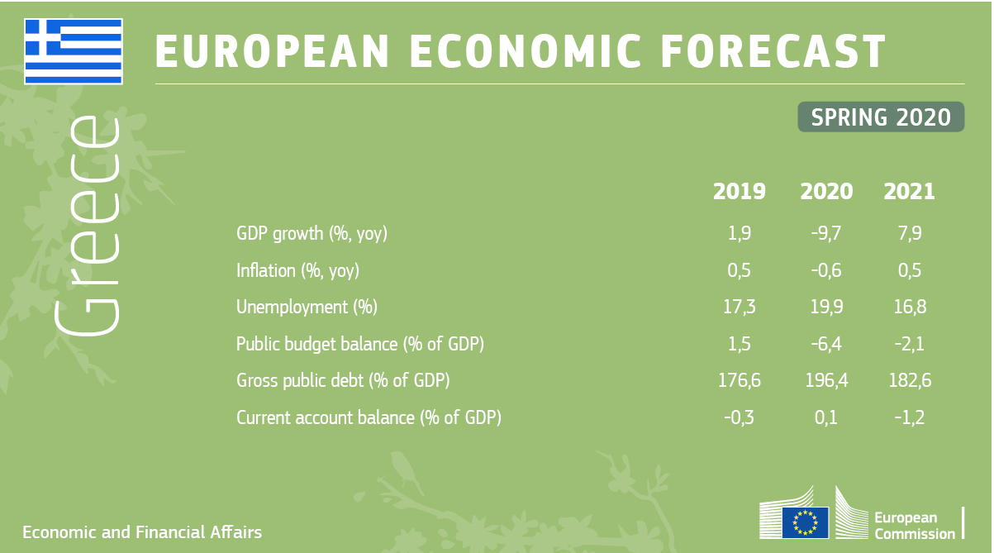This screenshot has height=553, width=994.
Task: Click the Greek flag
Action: coord(74,51)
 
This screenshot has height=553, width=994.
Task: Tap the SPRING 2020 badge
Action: coord(881,117)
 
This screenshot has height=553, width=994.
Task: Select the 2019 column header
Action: coord(740,192)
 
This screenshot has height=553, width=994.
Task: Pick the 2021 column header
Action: coord(909,192)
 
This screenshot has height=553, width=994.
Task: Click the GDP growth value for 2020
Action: coord(825,233)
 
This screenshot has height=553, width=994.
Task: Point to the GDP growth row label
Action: coord(312,233)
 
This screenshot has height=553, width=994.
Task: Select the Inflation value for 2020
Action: coord(825,270)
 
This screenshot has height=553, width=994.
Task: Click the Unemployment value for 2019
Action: coord(740,307)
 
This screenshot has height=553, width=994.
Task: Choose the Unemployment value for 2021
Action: coord(910,307)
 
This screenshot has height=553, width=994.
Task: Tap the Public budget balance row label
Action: coord(360,345)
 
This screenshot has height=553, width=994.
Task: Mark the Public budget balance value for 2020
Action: coord(825,344)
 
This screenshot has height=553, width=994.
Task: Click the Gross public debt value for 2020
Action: coord(826,380)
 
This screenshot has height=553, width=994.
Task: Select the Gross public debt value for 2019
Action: coord(740,380)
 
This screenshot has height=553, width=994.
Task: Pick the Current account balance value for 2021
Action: coord(910,417)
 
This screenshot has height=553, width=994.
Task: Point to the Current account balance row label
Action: coord(369,418)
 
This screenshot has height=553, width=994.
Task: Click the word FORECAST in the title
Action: coord(773,51)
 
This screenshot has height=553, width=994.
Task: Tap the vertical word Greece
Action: coord(87,226)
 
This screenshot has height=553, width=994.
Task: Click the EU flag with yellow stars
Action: coord(805,522)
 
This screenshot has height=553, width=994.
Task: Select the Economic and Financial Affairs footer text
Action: coord(142,532)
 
